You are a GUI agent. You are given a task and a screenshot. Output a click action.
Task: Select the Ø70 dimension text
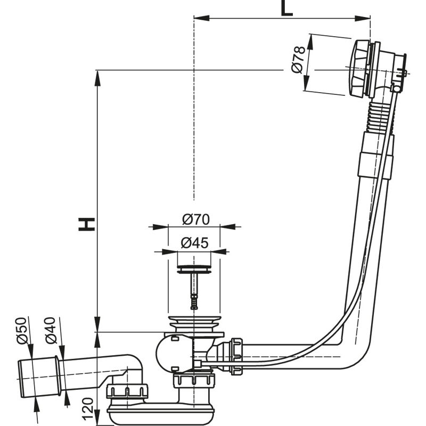point(195,219)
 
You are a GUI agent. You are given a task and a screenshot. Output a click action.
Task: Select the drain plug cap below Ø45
point(194,263)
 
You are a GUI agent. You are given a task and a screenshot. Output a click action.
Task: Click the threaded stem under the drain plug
point(194,290)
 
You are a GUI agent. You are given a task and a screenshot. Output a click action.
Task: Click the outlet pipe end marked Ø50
point(30,376)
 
